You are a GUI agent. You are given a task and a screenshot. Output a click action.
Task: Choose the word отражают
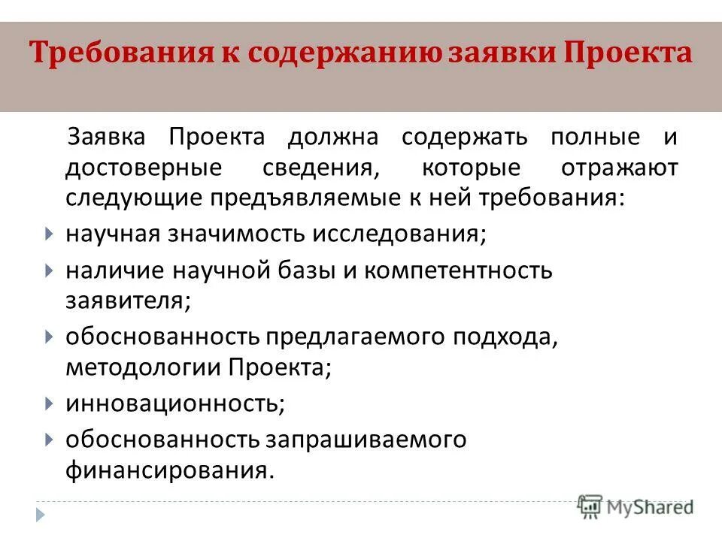point(619,168)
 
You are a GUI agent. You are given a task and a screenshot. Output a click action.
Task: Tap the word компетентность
point(459,270)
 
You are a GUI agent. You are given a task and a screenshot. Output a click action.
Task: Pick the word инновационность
point(174,403)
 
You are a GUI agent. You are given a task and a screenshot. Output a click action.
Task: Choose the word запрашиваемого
point(364,439)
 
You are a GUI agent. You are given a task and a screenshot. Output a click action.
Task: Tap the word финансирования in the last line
point(167,470)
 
